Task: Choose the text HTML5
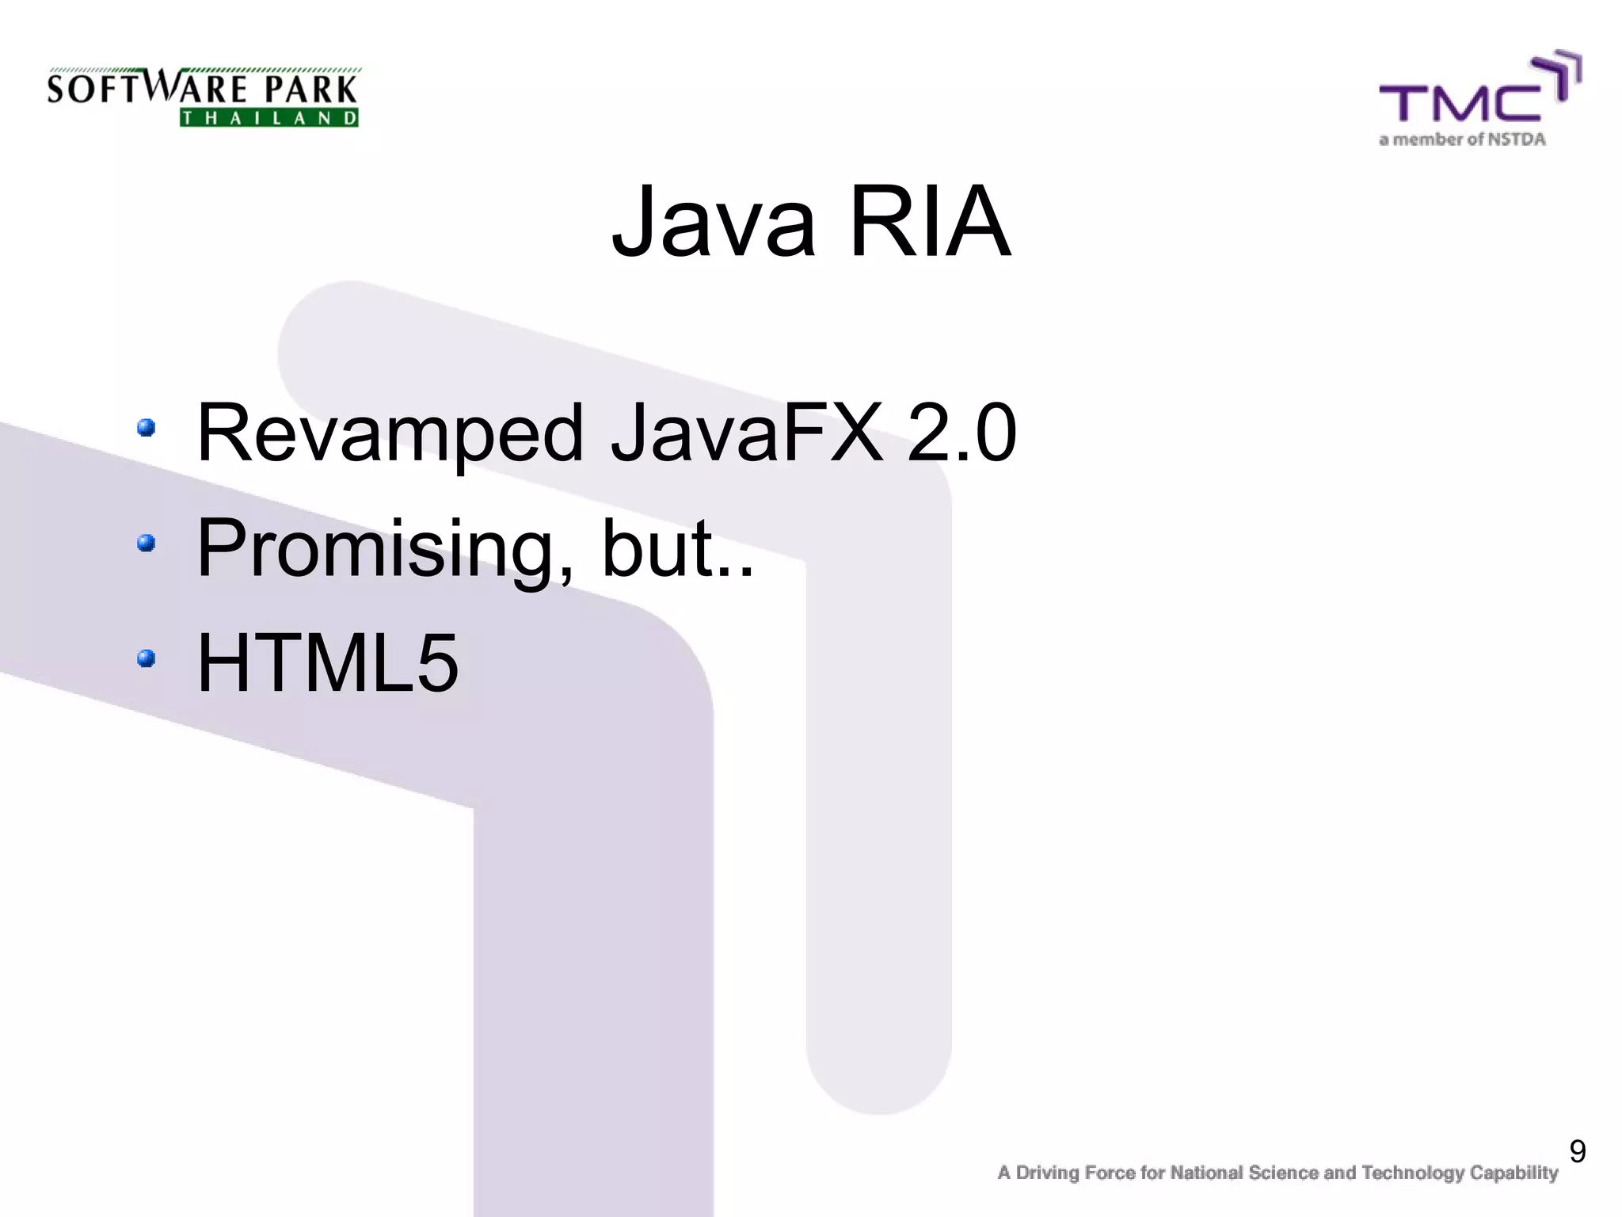click(327, 662)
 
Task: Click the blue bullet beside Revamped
click(146, 428)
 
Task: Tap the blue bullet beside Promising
click(146, 543)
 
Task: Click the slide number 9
click(1577, 1151)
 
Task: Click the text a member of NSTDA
click(1462, 140)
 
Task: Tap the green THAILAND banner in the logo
click(269, 118)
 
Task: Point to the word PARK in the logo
click(311, 90)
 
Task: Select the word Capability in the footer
click(1513, 1173)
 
